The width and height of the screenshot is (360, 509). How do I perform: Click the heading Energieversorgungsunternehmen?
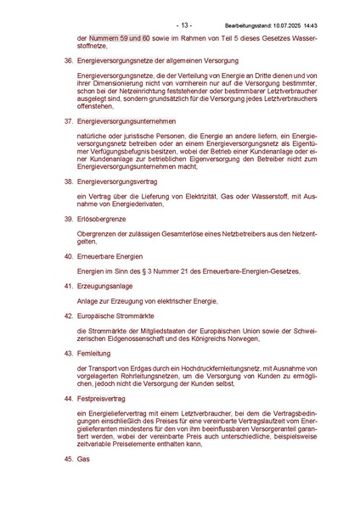pyautogui.click(x=127, y=123)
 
